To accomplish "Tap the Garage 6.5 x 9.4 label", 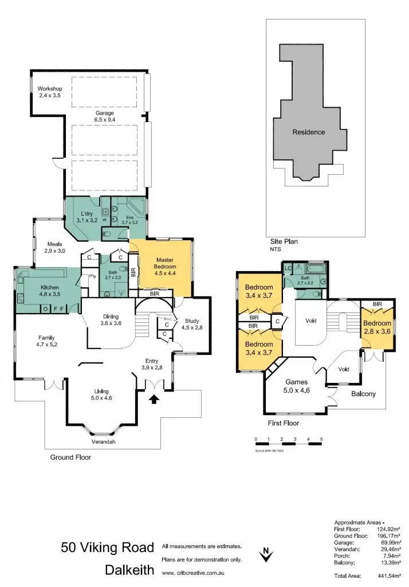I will pyautogui.click(x=105, y=117).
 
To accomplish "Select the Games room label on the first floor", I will pyautogui.click(x=296, y=386).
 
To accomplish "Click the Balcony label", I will pyautogui.click(x=364, y=394).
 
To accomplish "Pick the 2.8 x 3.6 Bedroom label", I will pyautogui.click(x=376, y=327).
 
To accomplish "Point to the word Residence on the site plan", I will pyautogui.click(x=309, y=132).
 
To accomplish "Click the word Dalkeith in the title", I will pyautogui.click(x=129, y=570).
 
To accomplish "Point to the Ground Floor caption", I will pyautogui.click(x=70, y=457).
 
